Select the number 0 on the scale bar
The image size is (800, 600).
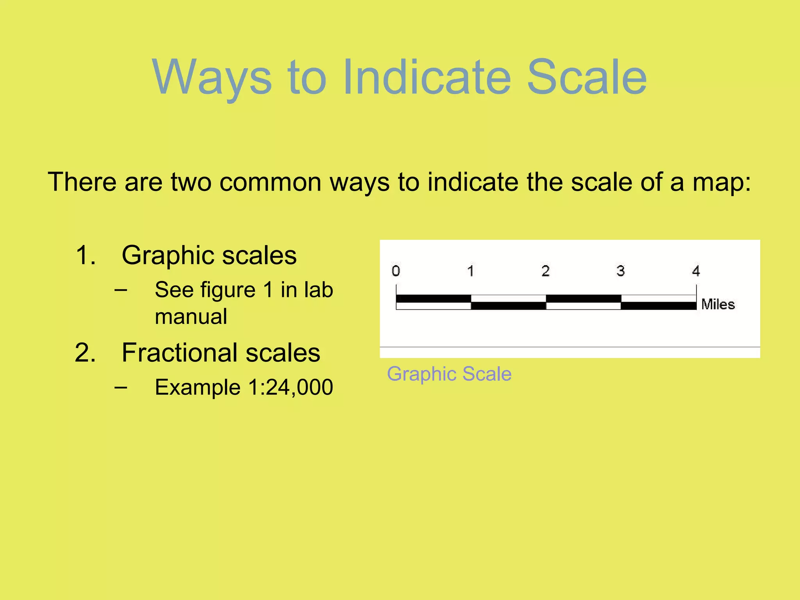(396, 271)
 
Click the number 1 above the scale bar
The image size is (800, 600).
(471, 271)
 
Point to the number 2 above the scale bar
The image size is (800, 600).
(546, 271)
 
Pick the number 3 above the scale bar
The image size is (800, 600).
(621, 271)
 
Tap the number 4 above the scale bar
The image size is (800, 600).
(696, 271)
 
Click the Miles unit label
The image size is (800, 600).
(718, 304)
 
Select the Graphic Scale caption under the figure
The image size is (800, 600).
(449, 374)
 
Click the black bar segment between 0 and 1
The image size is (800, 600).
(434, 299)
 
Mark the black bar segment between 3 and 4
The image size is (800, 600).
(659, 306)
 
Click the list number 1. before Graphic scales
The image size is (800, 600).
(86, 255)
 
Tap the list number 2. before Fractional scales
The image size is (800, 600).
(86, 353)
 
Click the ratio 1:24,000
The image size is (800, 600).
(291, 387)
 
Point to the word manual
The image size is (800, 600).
(191, 316)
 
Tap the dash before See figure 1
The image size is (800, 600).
(121, 290)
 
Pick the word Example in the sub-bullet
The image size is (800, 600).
(197, 387)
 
